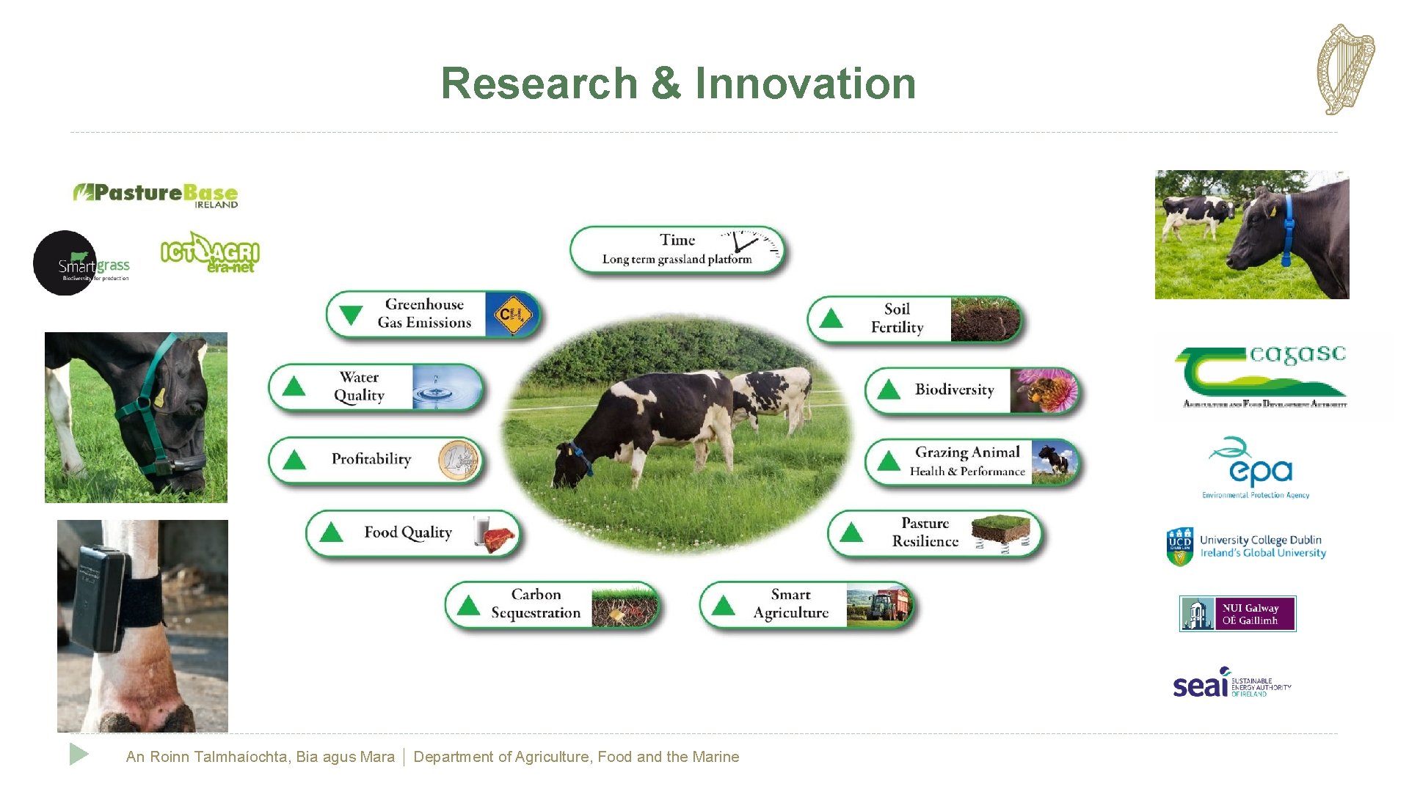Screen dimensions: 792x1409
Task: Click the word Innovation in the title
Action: click(805, 83)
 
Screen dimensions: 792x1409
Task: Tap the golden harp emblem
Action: click(1345, 70)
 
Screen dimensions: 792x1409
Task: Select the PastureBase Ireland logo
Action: click(156, 195)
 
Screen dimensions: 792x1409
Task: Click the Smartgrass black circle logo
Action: click(66, 263)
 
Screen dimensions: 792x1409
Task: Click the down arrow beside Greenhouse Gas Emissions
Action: click(351, 315)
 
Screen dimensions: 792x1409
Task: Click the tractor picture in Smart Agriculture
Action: click(878, 605)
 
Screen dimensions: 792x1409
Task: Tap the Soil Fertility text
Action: click(897, 318)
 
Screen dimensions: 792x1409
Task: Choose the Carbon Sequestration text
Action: click(536, 604)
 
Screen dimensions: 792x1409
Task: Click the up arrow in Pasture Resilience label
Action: click(851, 532)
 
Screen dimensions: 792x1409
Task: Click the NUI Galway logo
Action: click(1237, 614)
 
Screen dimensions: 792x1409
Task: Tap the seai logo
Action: click(1231, 683)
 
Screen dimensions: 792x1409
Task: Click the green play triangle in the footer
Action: click(79, 754)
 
